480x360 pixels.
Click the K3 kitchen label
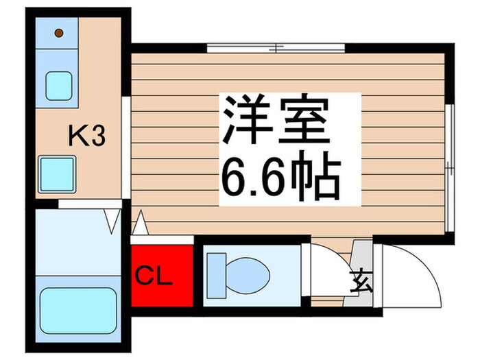coord(86,137)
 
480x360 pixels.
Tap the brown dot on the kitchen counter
coord(58,32)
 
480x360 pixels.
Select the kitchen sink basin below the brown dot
coord(59,86)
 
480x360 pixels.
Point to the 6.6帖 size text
coord(279,176)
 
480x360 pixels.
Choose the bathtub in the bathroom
coord(77,311)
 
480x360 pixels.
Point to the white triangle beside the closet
coord(140,224)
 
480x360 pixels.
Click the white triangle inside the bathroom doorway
coord(112,220)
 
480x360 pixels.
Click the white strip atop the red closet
coord(163,239)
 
